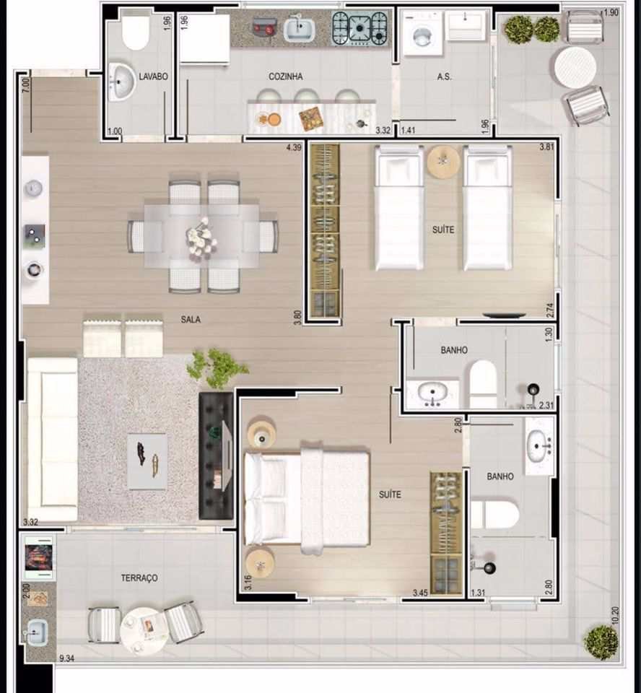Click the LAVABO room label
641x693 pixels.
coord(154,77)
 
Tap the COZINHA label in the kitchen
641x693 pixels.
coord(286,77)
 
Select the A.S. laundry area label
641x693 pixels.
coord(444,77)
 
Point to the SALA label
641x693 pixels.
coord(191,319)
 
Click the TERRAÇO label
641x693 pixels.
coord(139,577)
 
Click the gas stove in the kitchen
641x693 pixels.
coord(359,28)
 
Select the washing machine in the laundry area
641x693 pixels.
coord(422,34)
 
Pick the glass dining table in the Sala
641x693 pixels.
coord(201,236)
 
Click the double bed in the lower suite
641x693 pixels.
coord(307,497)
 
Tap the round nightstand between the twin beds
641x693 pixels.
coord(443,162)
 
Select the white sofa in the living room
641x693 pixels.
coord(52,440)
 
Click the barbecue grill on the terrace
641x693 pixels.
coord(38,557)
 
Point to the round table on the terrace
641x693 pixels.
coord(144,629)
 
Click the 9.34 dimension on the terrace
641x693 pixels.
coord(66,658)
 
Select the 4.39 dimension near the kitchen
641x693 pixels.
coord(294,147)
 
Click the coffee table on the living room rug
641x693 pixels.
coord(147,461)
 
